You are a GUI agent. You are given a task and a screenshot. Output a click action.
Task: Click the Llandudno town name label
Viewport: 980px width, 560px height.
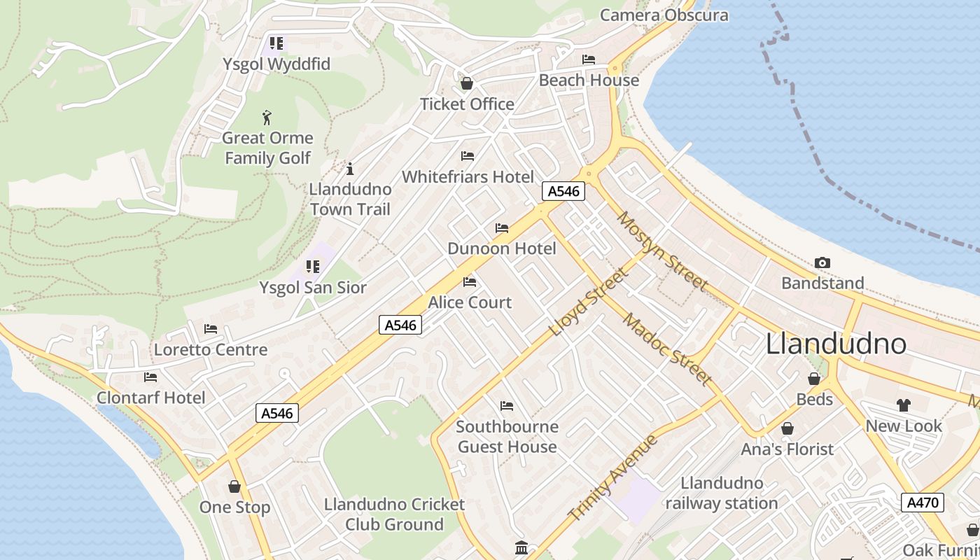(x=836, y=344)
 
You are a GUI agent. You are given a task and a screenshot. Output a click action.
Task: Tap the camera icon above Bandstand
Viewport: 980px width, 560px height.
(x=822, y=263)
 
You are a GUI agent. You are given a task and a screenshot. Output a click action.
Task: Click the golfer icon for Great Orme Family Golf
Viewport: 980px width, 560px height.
(x=267, y=117)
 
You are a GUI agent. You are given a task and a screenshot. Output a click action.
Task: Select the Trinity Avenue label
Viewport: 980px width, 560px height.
(x=612, y=478)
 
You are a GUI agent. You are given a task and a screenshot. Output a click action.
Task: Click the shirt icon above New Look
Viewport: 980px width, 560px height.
(x=904, y=405)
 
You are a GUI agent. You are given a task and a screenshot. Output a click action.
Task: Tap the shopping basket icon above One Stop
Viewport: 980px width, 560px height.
(x=234, y=486)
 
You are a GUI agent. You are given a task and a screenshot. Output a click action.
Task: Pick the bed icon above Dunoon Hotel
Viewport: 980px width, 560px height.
(x=502, y=228)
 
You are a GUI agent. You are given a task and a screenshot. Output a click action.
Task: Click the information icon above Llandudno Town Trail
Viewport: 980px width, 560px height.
(x=350, y=169)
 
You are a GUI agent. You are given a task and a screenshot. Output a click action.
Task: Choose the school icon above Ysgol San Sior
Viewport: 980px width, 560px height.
(x=312, y=267)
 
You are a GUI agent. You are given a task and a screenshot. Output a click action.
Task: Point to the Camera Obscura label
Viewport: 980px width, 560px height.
(x=664, y=15)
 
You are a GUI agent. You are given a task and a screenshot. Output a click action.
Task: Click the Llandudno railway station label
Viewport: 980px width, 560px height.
(x=721, y=493)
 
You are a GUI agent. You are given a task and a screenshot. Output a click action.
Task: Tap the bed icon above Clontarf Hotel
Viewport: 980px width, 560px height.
(x=150, y=377)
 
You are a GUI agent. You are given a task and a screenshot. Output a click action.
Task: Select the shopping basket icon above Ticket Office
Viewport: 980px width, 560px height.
(x=467, y=84)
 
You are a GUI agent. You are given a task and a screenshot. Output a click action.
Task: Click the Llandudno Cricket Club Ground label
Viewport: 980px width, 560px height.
(x=394, y=514)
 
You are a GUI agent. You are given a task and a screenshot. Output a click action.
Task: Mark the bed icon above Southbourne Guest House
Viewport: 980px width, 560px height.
(x=507, y=406)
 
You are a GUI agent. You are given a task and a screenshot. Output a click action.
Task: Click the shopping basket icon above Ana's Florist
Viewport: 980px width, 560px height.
(x=787, y=428)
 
